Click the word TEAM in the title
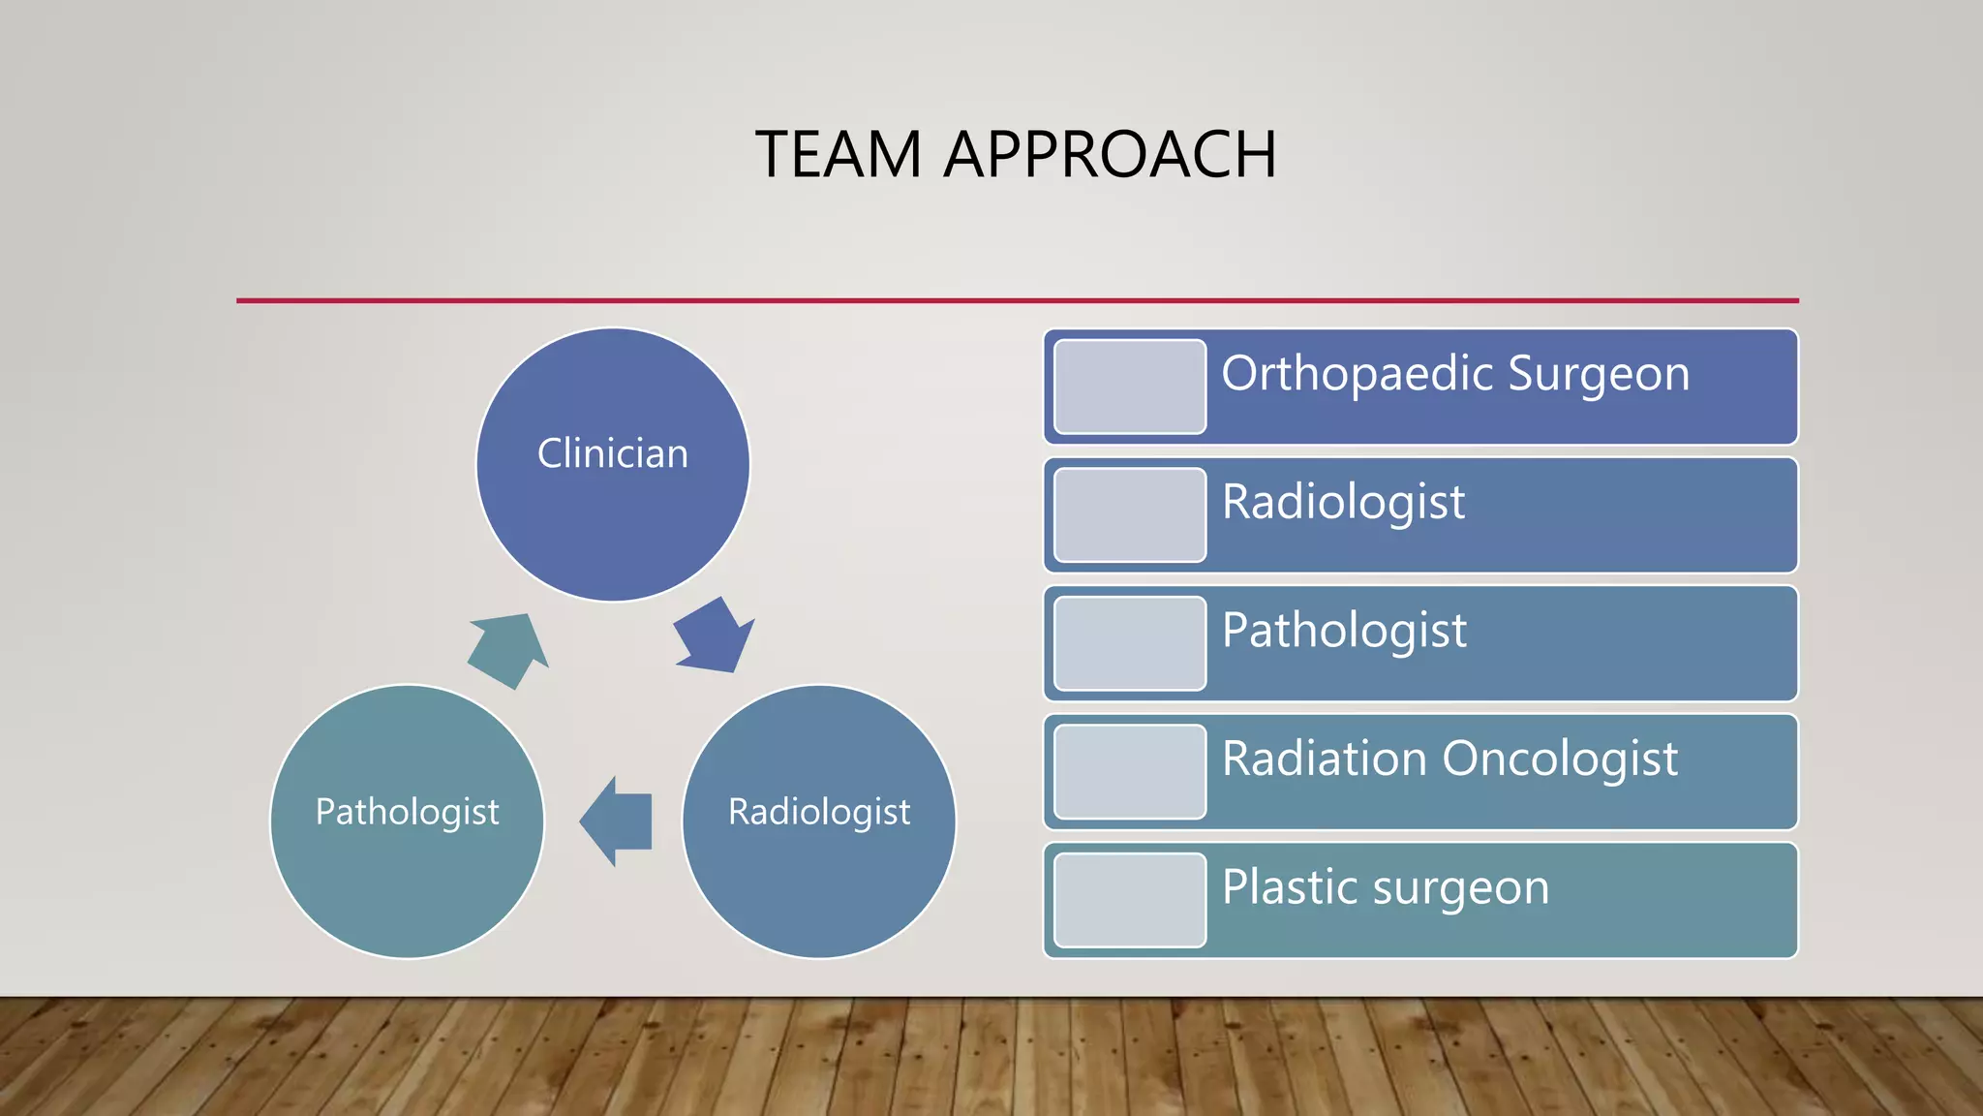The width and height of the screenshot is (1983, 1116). point(838,155)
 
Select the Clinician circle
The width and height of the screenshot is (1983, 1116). point(613,465)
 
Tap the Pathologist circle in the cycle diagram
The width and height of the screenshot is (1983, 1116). point(407,821)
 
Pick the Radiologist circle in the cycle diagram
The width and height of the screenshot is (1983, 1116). point(819,821)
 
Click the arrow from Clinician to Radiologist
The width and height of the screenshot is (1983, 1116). point(715,636)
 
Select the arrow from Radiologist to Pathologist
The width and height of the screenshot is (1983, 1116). point(617,821)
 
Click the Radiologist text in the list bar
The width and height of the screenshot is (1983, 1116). point(1343,502)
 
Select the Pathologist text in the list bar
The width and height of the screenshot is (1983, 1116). point(1344,631)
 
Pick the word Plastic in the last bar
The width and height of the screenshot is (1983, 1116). point(1289,886)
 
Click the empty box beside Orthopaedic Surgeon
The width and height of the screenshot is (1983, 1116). point(1130,387)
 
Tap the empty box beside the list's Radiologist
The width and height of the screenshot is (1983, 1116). point(1130,514)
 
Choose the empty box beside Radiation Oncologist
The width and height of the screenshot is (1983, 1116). point(1130,772)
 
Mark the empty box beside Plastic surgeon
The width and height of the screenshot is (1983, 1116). point(1130,900)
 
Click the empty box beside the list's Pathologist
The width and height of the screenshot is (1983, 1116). point(1130,643)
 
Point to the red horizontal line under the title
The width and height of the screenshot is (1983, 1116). point(1017,300)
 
